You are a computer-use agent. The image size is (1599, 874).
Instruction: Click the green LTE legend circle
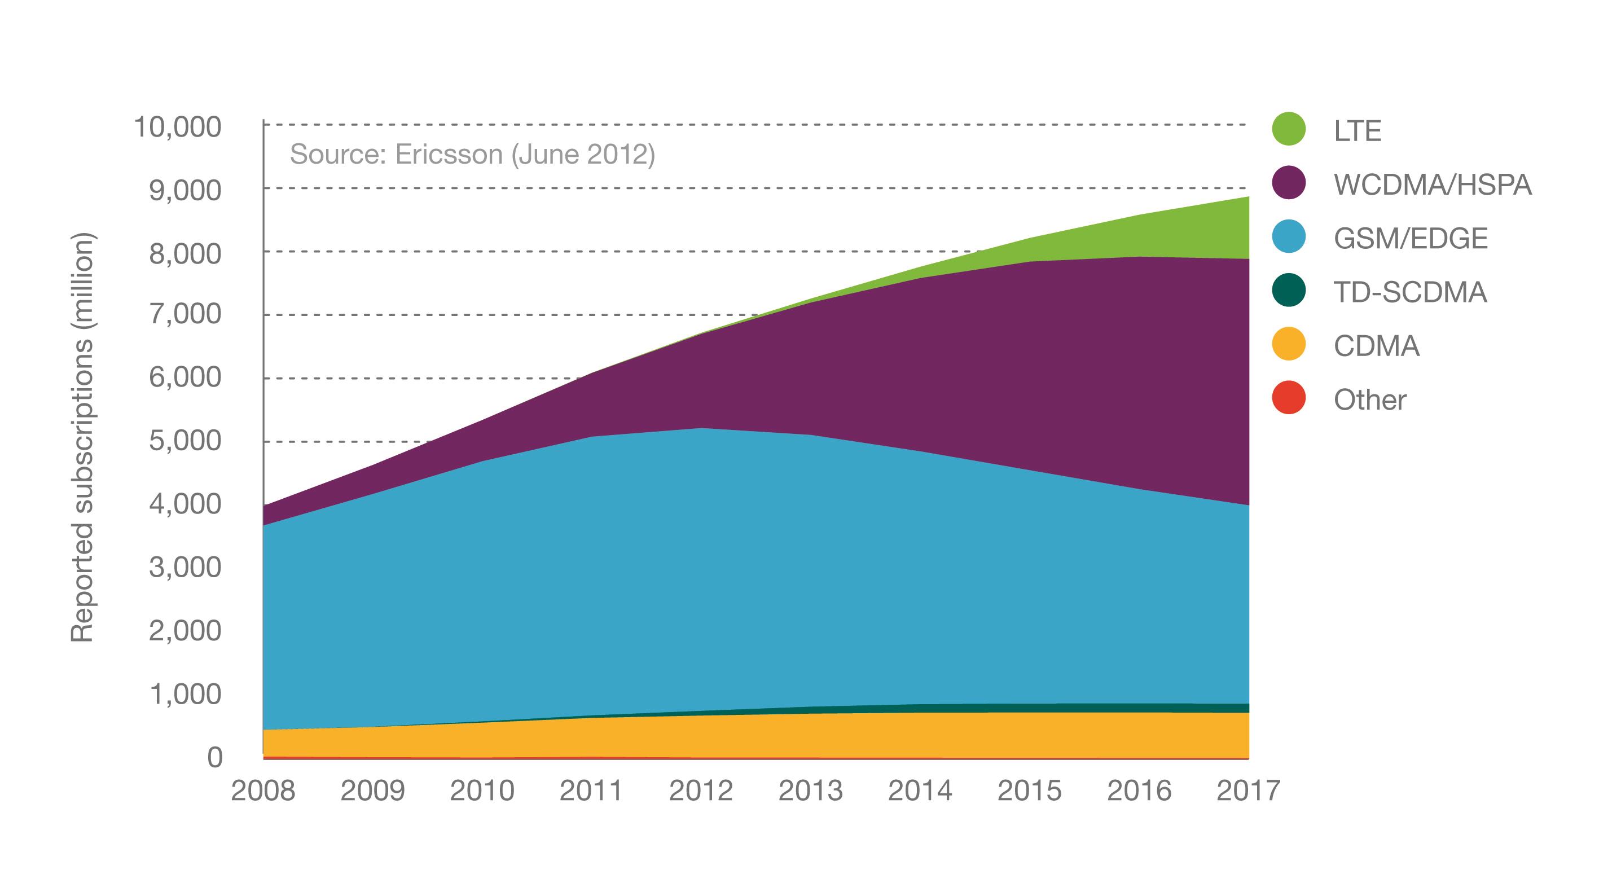click(1289, 129)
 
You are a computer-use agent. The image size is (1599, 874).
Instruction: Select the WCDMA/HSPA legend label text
click(1432, 185)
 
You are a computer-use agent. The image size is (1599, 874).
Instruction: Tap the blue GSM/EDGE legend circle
click(1289, 237)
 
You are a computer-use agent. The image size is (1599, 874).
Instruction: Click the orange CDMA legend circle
click(1289, 344)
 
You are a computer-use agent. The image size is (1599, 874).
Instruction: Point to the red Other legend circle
click(1289, 398)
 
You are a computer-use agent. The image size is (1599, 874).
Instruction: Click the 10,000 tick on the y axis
click(178, 128)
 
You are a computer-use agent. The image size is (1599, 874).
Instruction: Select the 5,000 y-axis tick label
click(185, 441)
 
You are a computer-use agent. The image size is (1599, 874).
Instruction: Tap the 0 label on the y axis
click(214, 758)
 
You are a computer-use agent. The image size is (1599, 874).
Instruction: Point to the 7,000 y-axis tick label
click(185, 314)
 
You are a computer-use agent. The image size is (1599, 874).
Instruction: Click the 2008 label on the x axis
click(263, 791)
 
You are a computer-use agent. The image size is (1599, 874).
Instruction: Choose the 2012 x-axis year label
click(701, 791)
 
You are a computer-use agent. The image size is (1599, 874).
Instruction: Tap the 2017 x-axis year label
click(1247, 791)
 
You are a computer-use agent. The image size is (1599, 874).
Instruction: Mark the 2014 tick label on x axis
click(920, 791)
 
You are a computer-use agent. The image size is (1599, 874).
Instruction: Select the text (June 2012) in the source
click(583, 155)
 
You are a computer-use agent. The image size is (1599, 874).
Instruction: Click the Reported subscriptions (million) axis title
click(82, 438)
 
